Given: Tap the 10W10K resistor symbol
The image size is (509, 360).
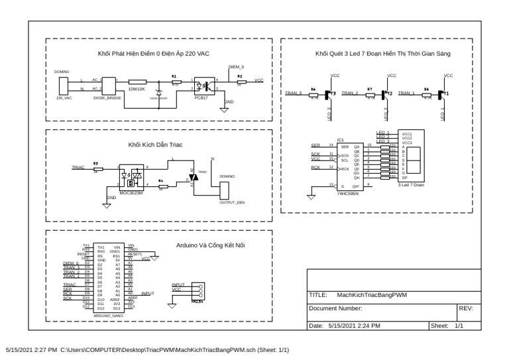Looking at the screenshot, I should pos(137,81).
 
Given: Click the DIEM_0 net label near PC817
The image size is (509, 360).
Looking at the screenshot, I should pos(236,68).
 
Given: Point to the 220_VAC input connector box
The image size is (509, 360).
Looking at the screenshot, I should pos(64,85).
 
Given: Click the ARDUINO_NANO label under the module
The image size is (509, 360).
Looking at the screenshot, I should pos(107,317).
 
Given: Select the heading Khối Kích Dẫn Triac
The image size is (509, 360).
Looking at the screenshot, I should pos(155,144).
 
